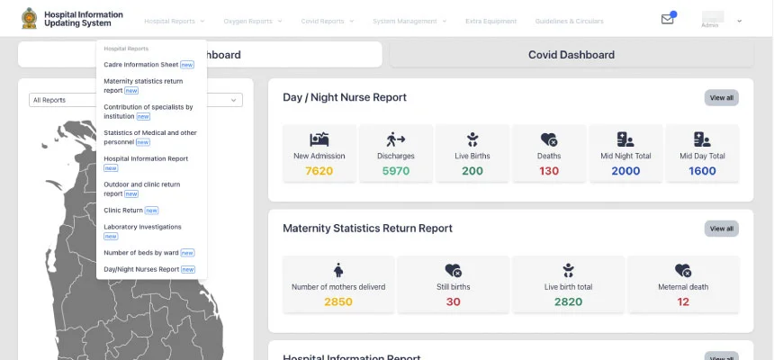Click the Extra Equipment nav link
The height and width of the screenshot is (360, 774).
point(490,21)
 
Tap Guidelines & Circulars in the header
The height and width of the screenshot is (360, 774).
point(569,21)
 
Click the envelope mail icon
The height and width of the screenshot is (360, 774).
point(667,19)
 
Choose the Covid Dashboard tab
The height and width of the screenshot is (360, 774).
point(571,55)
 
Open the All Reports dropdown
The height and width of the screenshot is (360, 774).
point(135,100)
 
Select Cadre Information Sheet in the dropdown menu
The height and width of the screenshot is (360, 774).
point(141,65)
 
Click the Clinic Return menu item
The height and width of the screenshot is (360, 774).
point(124,210)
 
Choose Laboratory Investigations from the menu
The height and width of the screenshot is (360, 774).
point(142,227)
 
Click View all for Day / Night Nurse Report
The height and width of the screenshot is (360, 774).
point(721,97)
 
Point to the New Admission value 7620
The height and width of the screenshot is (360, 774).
point(319,171)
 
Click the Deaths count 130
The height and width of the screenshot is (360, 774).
point(549,171)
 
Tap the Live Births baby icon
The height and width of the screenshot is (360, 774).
point(472,139)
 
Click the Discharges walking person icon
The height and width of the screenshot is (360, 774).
point(396,139)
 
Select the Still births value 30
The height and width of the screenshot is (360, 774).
point(453,301)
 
